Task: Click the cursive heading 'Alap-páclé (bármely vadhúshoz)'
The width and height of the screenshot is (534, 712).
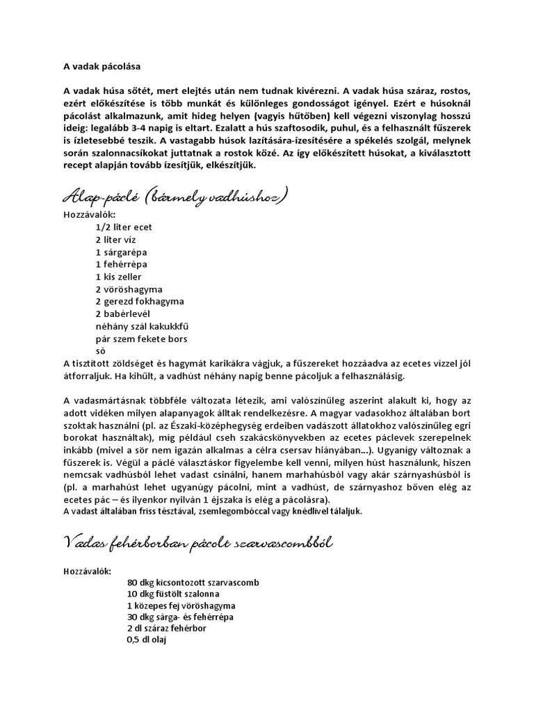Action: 175,198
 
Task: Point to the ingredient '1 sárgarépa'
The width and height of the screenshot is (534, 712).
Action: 122,252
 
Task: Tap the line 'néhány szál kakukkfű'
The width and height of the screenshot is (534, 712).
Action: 141,326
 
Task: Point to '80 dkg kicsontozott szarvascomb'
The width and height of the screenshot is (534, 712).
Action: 194,581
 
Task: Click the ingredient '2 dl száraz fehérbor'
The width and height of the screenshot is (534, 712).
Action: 167,628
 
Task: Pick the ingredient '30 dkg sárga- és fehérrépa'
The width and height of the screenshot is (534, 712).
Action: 180,617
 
